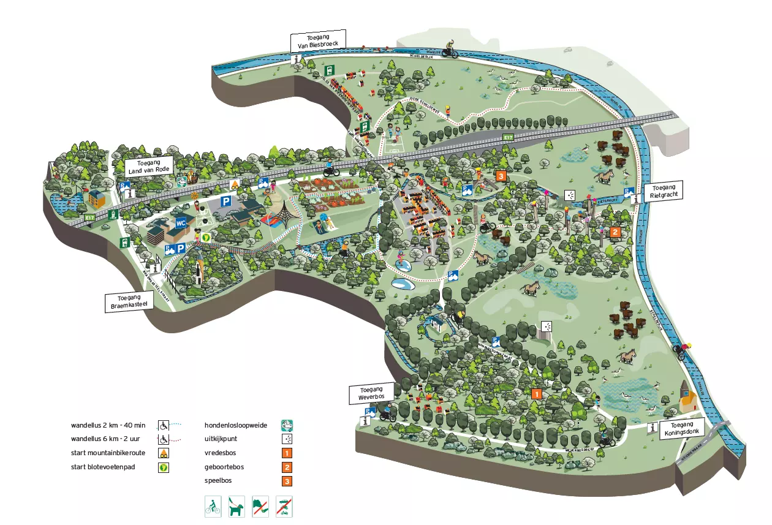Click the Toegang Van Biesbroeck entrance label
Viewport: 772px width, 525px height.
(x=318, y=40)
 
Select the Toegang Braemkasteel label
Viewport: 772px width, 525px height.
(x=127, y=301)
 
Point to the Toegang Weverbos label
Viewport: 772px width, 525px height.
(x=371, y=393)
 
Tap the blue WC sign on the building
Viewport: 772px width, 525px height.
(x=181, y=223)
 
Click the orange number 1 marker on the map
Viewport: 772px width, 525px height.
(x=537, y=394)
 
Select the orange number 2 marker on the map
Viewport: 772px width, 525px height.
(x=615, y=232)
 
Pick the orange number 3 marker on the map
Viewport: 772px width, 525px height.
(x=501, y=176)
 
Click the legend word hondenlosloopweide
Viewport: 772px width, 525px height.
(x=235, y=425)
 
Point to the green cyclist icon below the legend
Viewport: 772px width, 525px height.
(x=213, y=506)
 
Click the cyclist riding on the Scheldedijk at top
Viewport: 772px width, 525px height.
(x=450, y=48)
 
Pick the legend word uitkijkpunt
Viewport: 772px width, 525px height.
(x=222, y=439)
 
